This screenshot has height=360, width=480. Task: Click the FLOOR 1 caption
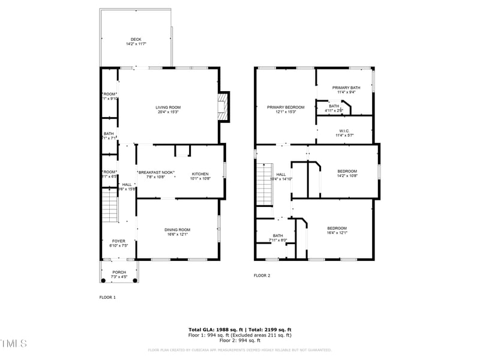107,297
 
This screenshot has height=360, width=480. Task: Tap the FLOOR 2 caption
262,275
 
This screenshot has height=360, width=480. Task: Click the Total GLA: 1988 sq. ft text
215,329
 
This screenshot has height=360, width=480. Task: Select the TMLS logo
14,343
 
